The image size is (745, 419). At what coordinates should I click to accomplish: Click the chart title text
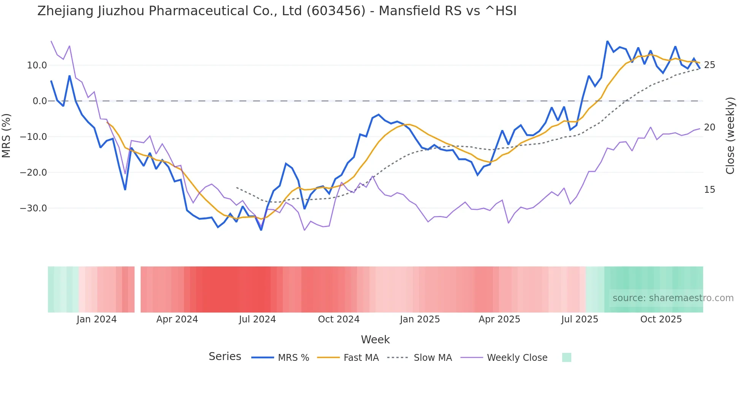277,11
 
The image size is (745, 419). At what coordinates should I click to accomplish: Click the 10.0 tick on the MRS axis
37,65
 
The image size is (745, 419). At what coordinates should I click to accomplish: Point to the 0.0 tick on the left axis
40,101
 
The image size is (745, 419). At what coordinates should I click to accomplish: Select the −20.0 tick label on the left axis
33,173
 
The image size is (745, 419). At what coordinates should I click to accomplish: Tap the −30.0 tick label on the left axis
33,208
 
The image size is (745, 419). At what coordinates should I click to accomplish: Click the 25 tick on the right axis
709,65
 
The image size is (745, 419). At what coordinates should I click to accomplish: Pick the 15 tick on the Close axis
709,190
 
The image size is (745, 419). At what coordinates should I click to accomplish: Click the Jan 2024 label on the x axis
97,319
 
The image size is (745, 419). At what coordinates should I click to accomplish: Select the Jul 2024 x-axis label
257,319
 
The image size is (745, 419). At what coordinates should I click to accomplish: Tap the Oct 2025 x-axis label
661,319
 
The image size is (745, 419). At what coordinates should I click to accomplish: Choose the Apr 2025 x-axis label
499,319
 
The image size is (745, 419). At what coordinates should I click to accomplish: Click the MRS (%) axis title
6,136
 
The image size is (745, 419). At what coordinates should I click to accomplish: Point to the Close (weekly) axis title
730,136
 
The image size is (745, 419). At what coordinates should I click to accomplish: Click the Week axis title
375,340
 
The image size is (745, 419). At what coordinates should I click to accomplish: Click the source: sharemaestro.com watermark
673,298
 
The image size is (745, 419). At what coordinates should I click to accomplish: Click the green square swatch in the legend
566,357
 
